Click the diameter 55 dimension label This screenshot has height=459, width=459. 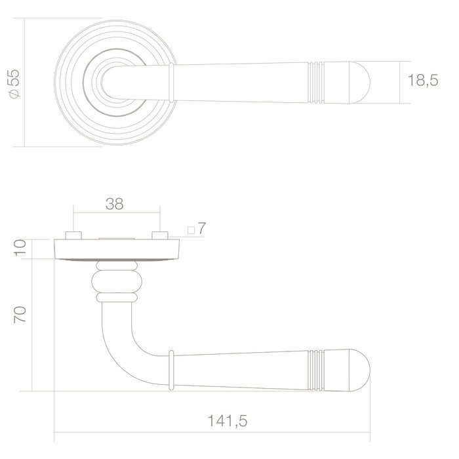pyautogui.click(x=15, y=83)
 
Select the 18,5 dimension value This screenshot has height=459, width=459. pyautogui.click(x=422, y=82)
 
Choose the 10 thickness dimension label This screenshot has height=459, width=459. pyautogui.click(x=20, y=249)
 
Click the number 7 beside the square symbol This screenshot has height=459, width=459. pyautogui.click(x=202, y=229)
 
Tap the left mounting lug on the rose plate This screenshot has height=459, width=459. pyautogui.click(x=73, y=235)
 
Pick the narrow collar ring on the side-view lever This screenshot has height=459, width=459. pyautogui.click(x=171, y=370)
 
